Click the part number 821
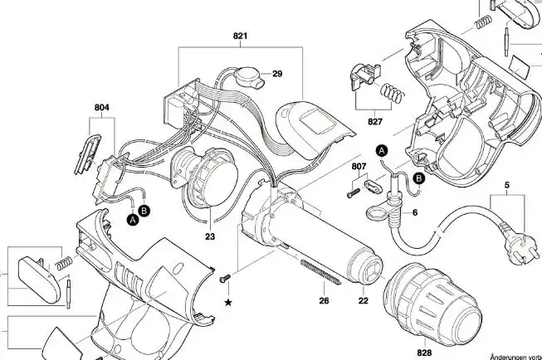(x=240, y=36)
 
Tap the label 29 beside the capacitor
(x=277, y=74)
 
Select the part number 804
(x=101, y=108)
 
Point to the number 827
(x=375, y=122)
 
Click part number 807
(x=359, y=167)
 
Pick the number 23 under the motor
(x=210, y=236)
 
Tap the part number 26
(x=324, y=301)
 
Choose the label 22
(x=364, y=301)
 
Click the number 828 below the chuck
(x=424, y=353)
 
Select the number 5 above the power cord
(x=507, y=185)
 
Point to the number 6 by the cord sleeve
(x=415, y=213)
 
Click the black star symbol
(x=228, y=303)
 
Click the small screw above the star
(x=225, y=278)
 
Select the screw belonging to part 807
(x=354, y=193)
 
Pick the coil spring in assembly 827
(x=393, y=93)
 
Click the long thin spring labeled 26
(x=320, y=273)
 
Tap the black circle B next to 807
(x=419, y=178)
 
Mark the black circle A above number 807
(x=382, y=151)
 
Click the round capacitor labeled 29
(x=248, y=76)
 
